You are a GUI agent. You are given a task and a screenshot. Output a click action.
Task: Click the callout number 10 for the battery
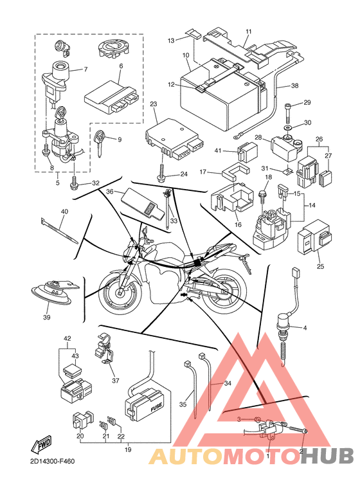(x=186, y=55)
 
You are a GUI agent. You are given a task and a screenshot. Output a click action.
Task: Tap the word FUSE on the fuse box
(x=156, y=407)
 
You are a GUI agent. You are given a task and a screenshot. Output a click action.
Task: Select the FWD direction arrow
(x=41, y=444)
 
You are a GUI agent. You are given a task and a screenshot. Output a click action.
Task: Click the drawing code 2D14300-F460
(x=50, y=461)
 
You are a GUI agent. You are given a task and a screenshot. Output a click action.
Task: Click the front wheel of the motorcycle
(x=120, y=292)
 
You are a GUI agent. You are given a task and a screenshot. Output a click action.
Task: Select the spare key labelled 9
(x=100, y=143)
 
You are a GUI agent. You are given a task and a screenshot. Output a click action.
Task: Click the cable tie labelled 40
(x=59, y=230)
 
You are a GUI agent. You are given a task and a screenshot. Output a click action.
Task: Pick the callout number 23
(x=154, y=104)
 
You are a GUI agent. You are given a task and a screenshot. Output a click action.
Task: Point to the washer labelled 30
(x=289, y=128)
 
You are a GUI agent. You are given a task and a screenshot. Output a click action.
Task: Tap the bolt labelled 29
(x=288, y=113)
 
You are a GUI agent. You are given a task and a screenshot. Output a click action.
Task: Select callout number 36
(x=110, y=192)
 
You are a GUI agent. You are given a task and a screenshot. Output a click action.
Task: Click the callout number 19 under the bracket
(x=128, y=450)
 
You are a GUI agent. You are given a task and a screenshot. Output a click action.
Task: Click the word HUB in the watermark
(x=327, y=456)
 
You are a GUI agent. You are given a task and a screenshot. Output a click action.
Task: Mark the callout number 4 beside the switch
(x=305, y=328)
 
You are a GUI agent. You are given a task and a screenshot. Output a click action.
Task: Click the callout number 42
(x=67, y=339)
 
